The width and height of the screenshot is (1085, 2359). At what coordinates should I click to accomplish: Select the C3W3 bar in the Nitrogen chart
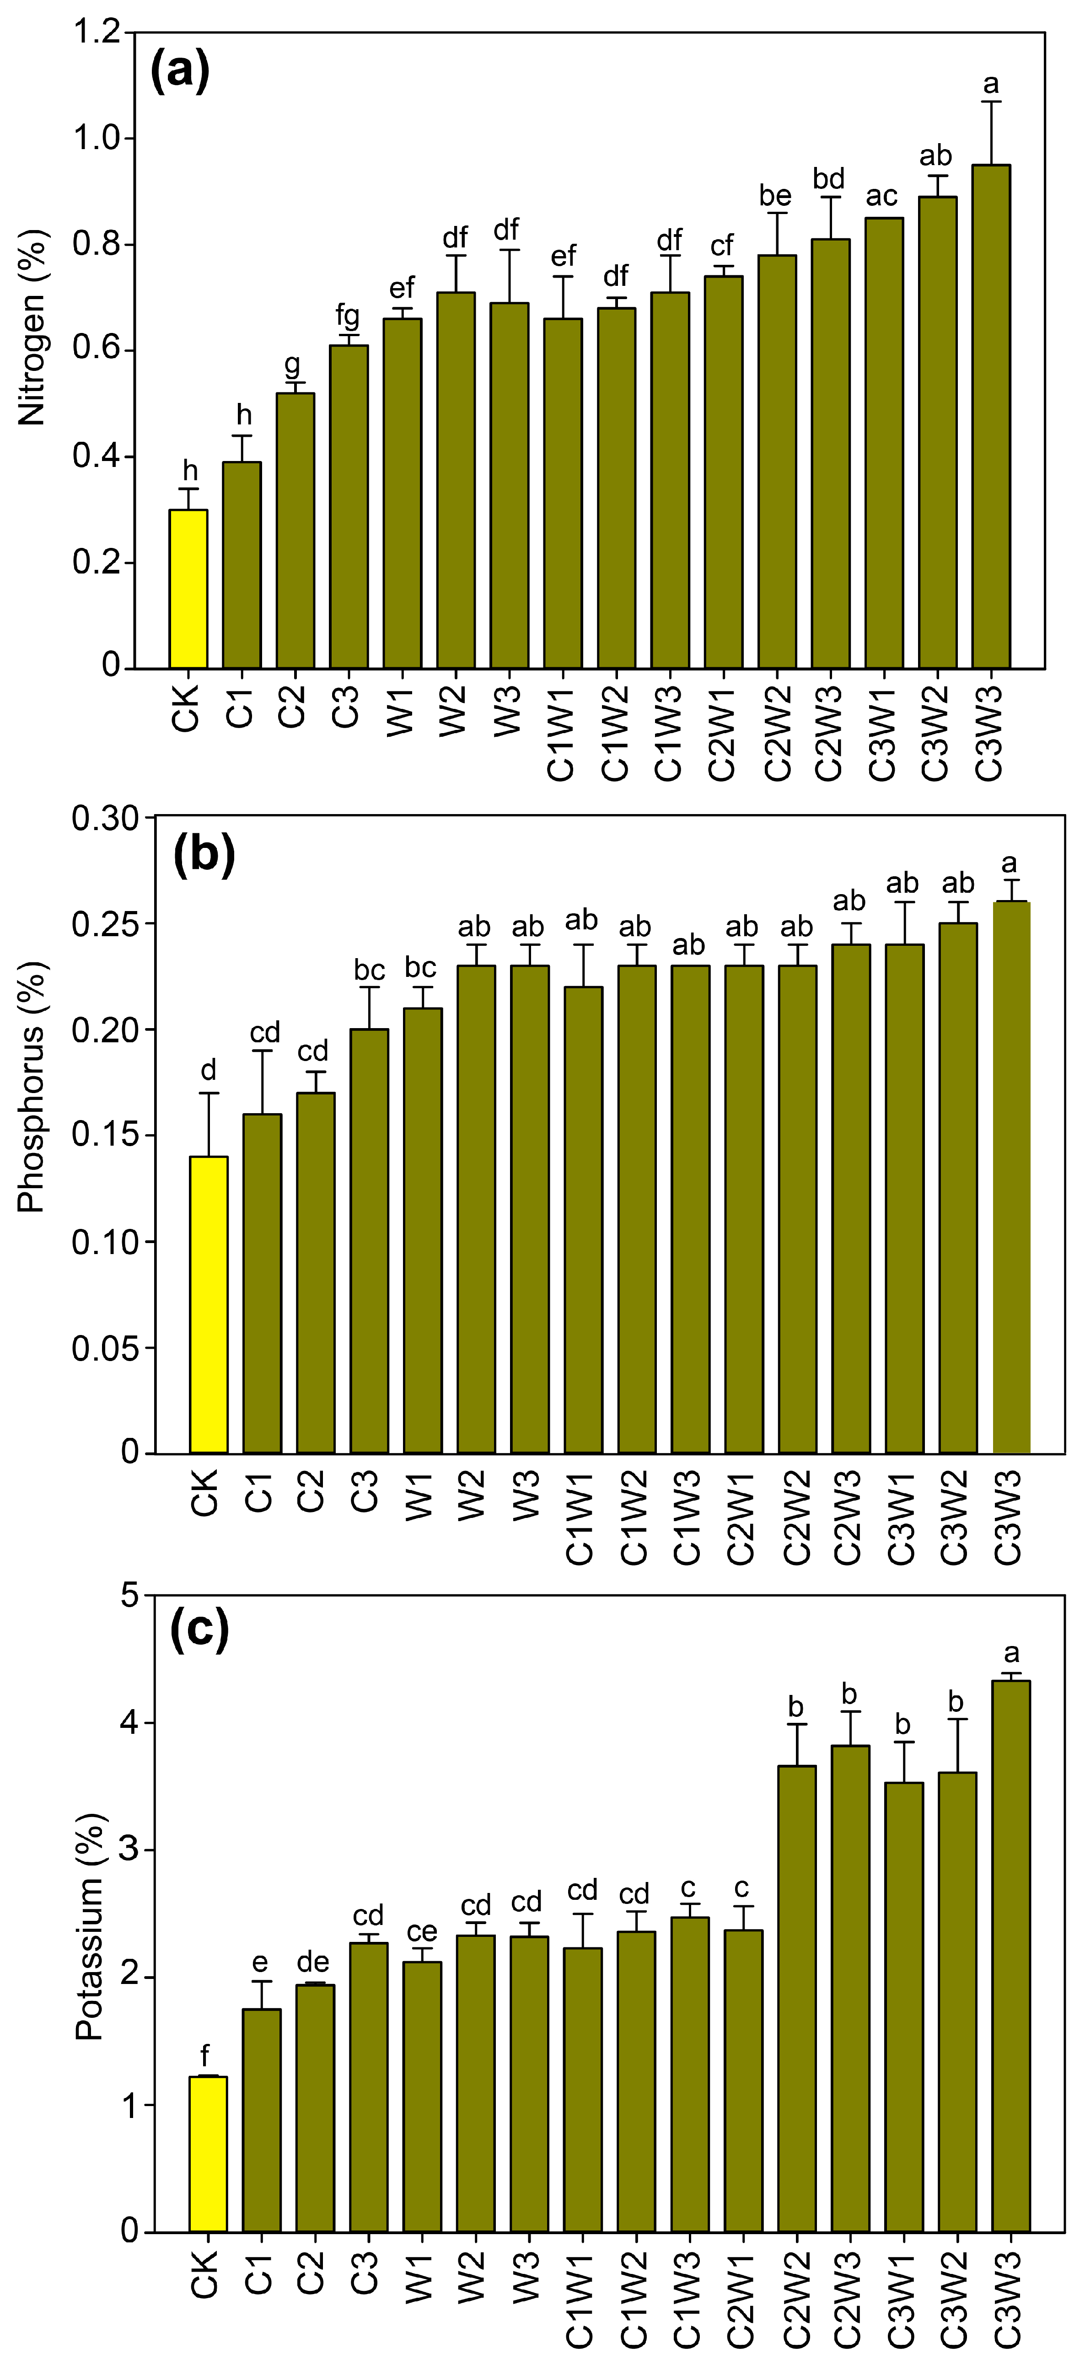point(991,417)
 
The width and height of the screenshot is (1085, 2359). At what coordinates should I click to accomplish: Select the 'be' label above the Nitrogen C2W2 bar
point(775,196)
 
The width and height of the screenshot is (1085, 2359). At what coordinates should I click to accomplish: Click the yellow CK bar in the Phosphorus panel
point(209,1305)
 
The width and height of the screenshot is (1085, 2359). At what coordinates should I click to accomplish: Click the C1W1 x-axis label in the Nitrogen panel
point(561,733)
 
